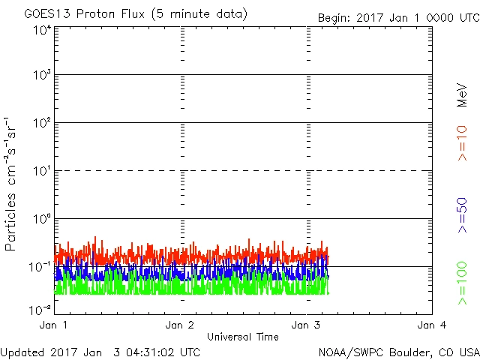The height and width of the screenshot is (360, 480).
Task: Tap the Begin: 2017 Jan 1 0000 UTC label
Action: pyautogui.click(x=397, y=17)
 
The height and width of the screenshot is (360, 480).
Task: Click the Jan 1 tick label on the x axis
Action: pyautogui.click(x=54, y=325)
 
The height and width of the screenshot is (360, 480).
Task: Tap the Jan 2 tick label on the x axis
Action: pyautogui.click(x=180, y=325)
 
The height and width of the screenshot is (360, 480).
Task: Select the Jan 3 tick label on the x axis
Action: pyautogui.click(x=306, y=325)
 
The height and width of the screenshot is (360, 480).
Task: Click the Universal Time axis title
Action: pyautogui.click(x=243, y=337)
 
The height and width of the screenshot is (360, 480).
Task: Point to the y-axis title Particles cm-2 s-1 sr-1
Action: pyautogui.click(x=11, y=184)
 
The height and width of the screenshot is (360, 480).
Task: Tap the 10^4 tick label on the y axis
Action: pyautogui.click(x=41, y=29)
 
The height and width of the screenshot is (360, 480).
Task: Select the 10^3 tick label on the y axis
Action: pyautogui.click(x=41, y=75)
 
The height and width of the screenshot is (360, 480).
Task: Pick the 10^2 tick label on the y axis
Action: pyautogui.click(x=41, y=122)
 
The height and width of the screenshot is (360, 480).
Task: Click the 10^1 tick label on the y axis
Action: pyautogui.click(x=41, y=170)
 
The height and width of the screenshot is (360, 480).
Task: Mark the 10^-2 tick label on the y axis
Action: pyautogui.click(x=40, y=308)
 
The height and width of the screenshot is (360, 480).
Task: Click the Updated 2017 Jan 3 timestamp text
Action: pyautogui.click(x=100, y=351)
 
